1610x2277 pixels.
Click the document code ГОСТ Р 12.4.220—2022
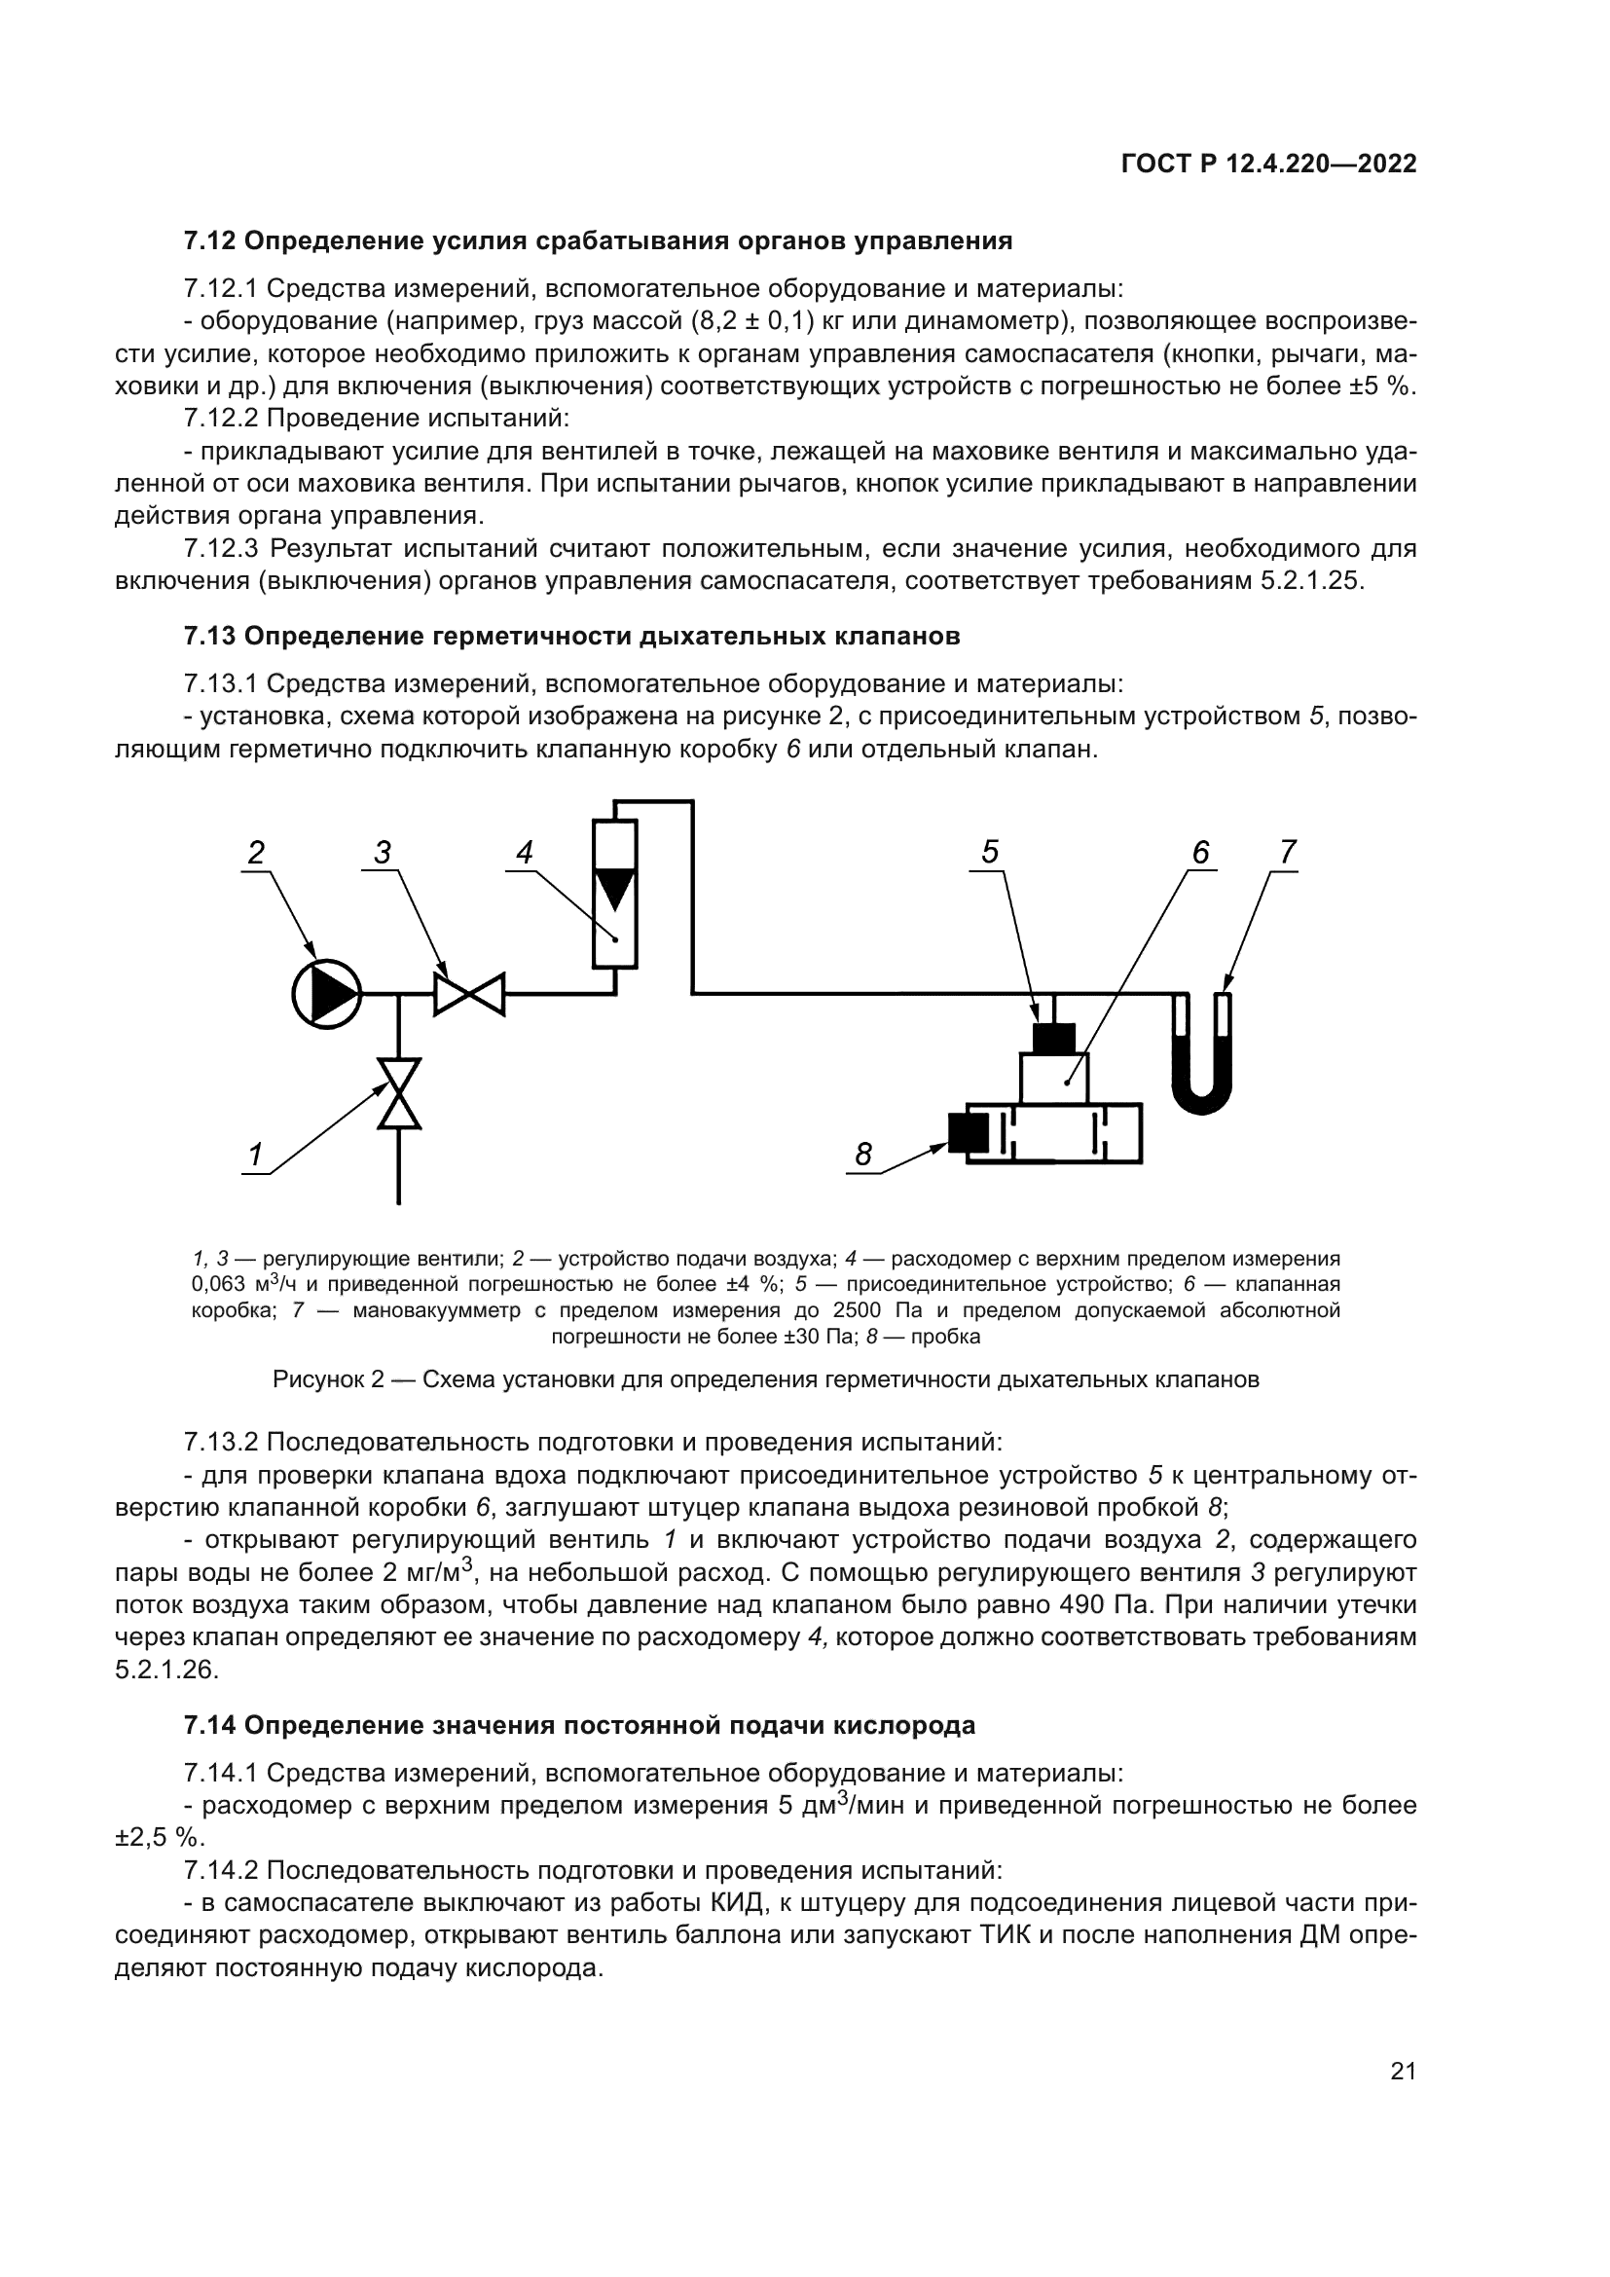tap(1268, 164)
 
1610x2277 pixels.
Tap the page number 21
tap(1403, 2071)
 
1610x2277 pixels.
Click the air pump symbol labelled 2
tap(326, 994)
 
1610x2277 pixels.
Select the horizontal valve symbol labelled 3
tap(469, 994)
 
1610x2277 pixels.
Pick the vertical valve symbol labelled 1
tap(398, 1093)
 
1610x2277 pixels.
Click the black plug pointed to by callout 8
tap(968, 1131)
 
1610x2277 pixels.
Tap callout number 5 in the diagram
tap(989, 852)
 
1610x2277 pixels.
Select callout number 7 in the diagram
tap(1287, 852)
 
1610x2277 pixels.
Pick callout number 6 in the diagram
tap(1199, 852)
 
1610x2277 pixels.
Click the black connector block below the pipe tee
tap(1053, 1038)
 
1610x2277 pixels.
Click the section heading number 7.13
tap(209, 636)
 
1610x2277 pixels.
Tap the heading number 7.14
tap(209, 1725)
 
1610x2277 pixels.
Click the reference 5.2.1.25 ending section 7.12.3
tap(1311, 581)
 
